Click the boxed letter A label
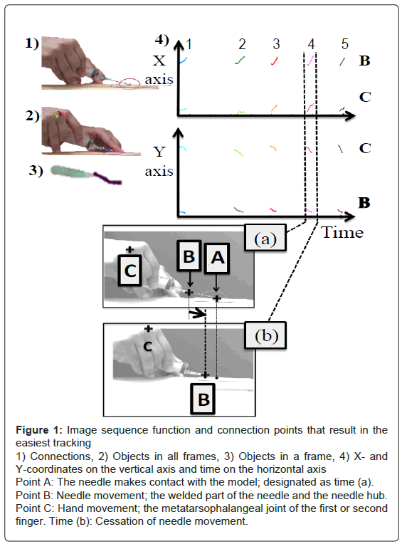click(217, 258)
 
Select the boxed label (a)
click(265, 238)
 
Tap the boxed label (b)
click(266, 335)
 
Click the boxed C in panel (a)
click(129, 271)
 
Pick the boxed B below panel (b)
click(203, 399)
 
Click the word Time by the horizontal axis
click(342, 232)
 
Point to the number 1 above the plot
click(188, 44)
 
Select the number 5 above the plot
click(344, 44)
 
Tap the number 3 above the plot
click(276, 44)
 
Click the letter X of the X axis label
click(159, 61)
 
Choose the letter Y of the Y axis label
click(159, 152)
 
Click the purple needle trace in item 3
click(107, 178)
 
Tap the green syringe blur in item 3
click(72, 172)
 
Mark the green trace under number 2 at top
click(240, 61)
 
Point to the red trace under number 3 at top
click(275, 61)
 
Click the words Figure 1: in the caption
click(39, 430)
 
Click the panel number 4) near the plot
click(162, 41)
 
